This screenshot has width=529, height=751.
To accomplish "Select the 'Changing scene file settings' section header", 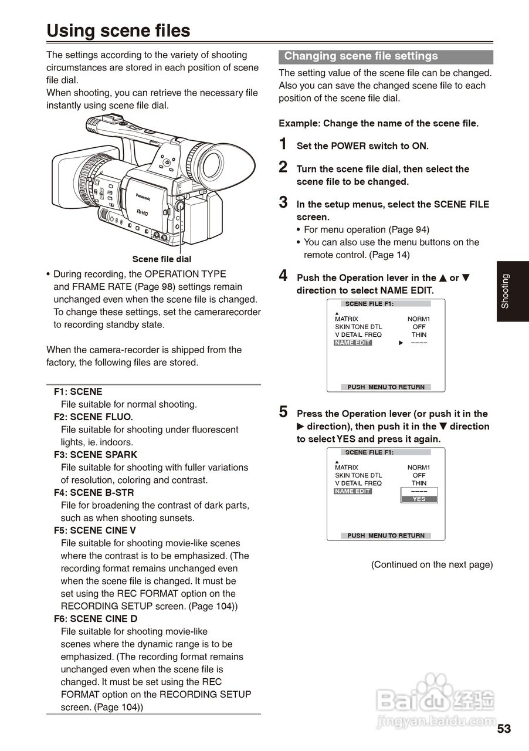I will pyautogui.click(x=361, y=56).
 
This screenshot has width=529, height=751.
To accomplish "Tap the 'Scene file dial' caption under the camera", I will pyautogui.click(x=161, y=259).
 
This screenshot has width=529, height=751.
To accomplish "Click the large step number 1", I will pyautogui.click(x=283, y=144).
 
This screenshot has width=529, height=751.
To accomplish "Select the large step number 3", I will pyautogui.click(x=283, y=203).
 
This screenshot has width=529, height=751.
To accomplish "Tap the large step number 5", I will pyautogui.click(x=283, y=412).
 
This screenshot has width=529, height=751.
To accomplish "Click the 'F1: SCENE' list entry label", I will pyautogui.click(x=78, y=391).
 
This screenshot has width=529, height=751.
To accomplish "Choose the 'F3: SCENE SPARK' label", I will pyautogui.click(x=95, y=455).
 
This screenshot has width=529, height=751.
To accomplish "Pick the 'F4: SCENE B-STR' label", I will pyautogui.click(x=94, y=493).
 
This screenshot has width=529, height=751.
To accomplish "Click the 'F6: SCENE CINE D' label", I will pyautogui.click(x=96, y=618).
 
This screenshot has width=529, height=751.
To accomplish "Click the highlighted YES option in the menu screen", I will pyautogui.click(x=419, y=499).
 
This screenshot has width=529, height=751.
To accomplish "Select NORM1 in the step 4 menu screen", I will pyautogui.click(x=419, y=319).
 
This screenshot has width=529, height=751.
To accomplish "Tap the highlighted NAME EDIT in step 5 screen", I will pyautogui.click(x=352, y=491).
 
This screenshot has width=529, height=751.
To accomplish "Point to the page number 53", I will pyautogui.click(x=504, y=729).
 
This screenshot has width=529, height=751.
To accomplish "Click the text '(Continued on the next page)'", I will pyautogui.click(x=432, y=564).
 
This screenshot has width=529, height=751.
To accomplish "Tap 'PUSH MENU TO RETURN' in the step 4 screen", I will pyautogui.click(x=386, y=387).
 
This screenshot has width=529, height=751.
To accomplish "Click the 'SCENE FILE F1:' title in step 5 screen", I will pyautogui.click(x=369, y=452).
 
